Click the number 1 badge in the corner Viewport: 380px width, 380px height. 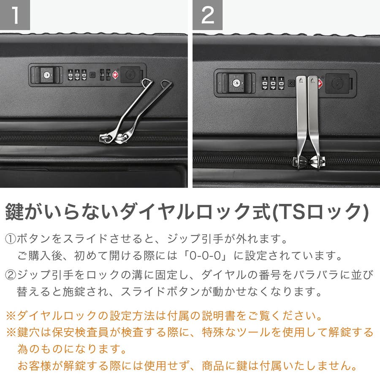(x=15, y=15)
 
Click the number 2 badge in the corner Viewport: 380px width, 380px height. (x=208, y=15)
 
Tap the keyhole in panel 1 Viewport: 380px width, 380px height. (x=46, y=75)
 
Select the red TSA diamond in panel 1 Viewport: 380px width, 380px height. (x=116, y=75)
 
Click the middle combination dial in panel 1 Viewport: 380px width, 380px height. (x=77, y=75)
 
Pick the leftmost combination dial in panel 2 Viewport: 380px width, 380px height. (x=265, y=83)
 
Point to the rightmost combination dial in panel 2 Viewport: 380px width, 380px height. (x=281, y=83)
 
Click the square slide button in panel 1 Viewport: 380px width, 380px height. (x=130, y=75)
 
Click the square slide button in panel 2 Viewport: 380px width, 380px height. (x=338, y=83)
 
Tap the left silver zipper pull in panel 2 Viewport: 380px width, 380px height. (x=301, y=121)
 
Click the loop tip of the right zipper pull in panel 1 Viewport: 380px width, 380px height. (x=166, y=84)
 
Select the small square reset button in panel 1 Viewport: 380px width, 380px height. (x=92, y=75)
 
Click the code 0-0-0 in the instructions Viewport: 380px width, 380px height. (x=206, y=256)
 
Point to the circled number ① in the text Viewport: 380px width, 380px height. (x=11, y=239)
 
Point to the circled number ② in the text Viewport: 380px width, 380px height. (x=11, y=275)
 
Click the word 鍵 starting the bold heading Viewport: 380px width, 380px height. (x=14, y=212)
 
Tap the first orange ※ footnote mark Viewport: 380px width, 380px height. (x=11, y=316)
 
